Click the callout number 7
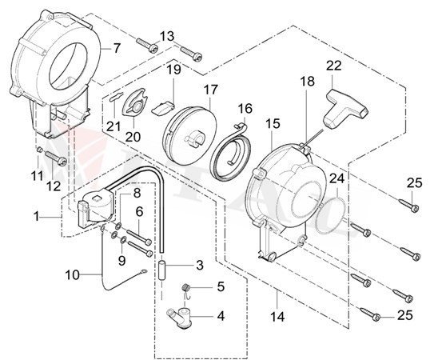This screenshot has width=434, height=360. [117, 48]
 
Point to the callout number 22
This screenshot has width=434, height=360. [334, 66]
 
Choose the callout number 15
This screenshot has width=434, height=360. [273, 124]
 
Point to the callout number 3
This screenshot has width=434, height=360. [200, 264]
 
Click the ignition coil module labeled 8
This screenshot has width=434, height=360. [100, 205]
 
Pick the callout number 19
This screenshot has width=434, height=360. [173, 70]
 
